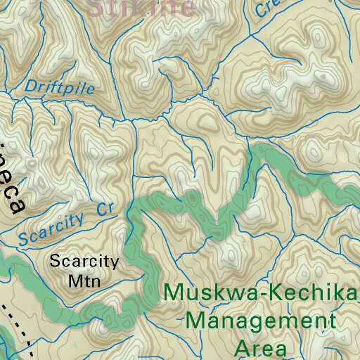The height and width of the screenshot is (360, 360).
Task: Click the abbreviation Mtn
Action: (85, 281)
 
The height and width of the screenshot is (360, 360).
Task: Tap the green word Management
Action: (261, 322)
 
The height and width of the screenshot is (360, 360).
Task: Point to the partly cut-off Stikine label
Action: (140, 8)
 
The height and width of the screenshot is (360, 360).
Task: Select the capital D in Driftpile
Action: (30, 86)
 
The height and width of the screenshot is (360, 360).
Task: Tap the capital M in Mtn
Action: (74, 281)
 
